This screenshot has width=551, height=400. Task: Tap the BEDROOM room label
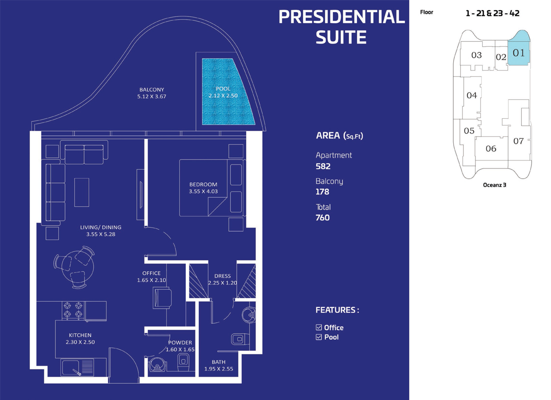coord(203,184)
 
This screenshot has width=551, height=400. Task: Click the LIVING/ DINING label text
coord(100,227)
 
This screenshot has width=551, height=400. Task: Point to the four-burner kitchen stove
coord(73,310)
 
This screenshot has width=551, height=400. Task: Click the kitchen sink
coord(71,367)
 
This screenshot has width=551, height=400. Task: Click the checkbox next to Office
coord(319,328)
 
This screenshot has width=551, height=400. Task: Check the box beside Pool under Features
coord(319,337)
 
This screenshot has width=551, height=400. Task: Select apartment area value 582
coord(323,166)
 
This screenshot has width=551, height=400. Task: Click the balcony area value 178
coord(322,192)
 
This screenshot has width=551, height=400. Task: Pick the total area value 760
coord(323,217)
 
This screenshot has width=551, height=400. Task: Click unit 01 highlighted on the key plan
coord(518,52)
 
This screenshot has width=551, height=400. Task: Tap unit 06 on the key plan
coord(491,149)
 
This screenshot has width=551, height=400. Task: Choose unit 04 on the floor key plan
coord(471,95)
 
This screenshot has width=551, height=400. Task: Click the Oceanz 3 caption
coord(494,185)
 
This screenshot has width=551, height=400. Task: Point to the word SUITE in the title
coord(341,37)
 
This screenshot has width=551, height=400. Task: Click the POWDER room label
coord(180,343)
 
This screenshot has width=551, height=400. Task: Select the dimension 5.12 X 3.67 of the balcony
coord(152,96)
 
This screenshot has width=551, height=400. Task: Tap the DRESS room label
coord(222,276)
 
